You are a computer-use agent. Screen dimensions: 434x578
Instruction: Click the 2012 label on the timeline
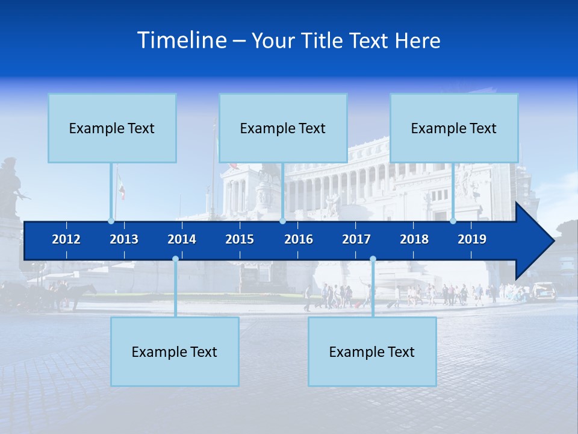[66, 239]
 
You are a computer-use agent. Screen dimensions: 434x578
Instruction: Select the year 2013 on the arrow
[124, 239]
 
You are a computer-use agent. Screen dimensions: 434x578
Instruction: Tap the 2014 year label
[182, 239]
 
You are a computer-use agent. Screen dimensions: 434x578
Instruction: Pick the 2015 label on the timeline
[240, 239]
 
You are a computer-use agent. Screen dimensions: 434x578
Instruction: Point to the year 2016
[299, 239]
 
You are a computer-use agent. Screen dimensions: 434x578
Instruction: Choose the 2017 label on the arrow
[356, 239]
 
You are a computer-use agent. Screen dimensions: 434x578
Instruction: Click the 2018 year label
[414, 239]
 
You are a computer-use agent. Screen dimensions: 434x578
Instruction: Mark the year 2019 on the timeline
[472, 239]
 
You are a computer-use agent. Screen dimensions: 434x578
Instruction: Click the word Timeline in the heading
[182, 40]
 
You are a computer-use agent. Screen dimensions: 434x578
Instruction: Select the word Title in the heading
[324, 41]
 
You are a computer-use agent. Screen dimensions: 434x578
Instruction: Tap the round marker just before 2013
[111, 221]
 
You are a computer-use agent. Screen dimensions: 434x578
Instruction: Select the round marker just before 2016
[282, 221]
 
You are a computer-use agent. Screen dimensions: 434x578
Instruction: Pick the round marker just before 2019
[453, 221]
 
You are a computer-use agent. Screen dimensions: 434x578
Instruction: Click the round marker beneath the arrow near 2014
[175, 259]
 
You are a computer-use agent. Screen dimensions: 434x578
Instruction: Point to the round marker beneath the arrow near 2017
[373, 259]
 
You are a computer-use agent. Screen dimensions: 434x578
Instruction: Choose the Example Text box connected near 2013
[112, 128]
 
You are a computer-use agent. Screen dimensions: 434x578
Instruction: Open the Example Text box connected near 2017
[372, 351]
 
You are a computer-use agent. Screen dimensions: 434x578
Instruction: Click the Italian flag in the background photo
[121, 187]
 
